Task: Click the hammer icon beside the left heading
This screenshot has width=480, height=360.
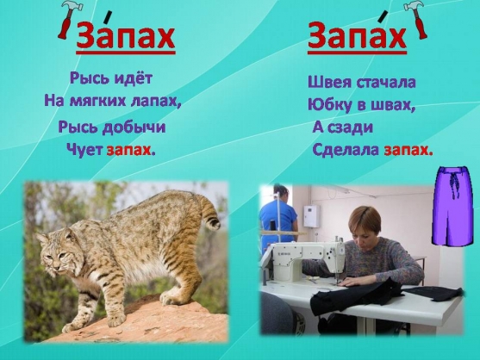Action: tap(68, 19)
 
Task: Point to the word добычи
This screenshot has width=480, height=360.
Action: tap(134, 127)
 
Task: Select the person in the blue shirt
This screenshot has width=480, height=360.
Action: tap(278, 215)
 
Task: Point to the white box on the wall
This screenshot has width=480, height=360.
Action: tap(312, 216)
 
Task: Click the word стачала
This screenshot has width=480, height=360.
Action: tap(385, 83)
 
